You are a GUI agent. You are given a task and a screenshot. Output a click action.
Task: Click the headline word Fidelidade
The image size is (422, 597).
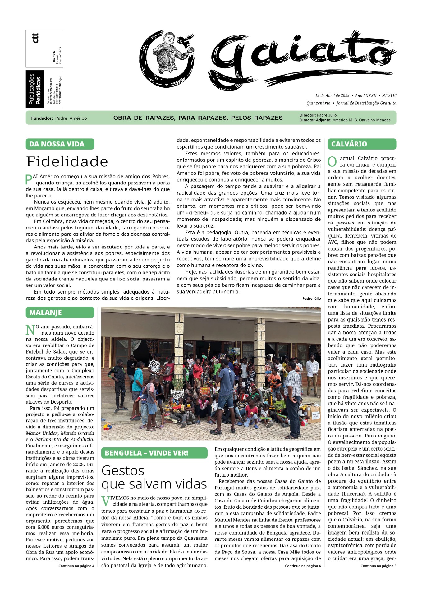tap(67, 162)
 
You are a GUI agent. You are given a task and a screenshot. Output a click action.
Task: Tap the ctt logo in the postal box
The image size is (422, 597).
tap(35, 38)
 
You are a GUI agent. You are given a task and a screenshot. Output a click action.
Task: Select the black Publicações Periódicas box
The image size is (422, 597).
tap(34, 89)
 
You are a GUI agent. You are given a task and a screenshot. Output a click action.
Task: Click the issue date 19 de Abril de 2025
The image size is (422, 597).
tap(332, 95)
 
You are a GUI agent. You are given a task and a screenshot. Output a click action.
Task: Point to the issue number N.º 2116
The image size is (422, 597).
tap(389, 95)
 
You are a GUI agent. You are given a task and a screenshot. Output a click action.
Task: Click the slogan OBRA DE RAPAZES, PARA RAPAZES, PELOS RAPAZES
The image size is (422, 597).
tap(198, 118)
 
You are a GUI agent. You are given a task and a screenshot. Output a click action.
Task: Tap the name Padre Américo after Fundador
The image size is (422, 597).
tap(71, 118)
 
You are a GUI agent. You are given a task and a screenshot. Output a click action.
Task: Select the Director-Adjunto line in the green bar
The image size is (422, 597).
tap(345, 120)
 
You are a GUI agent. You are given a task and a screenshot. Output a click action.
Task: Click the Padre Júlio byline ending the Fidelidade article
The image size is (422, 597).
tap(311, 298)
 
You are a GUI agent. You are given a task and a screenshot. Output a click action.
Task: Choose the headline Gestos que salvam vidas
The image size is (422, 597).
tap(154, 477)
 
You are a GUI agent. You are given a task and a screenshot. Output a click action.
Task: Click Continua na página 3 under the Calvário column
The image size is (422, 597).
tap(378, 566)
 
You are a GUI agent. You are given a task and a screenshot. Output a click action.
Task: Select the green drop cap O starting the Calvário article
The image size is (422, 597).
tap(332, 162)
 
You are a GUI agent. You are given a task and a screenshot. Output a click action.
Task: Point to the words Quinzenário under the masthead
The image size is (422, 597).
tap(318, 103)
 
